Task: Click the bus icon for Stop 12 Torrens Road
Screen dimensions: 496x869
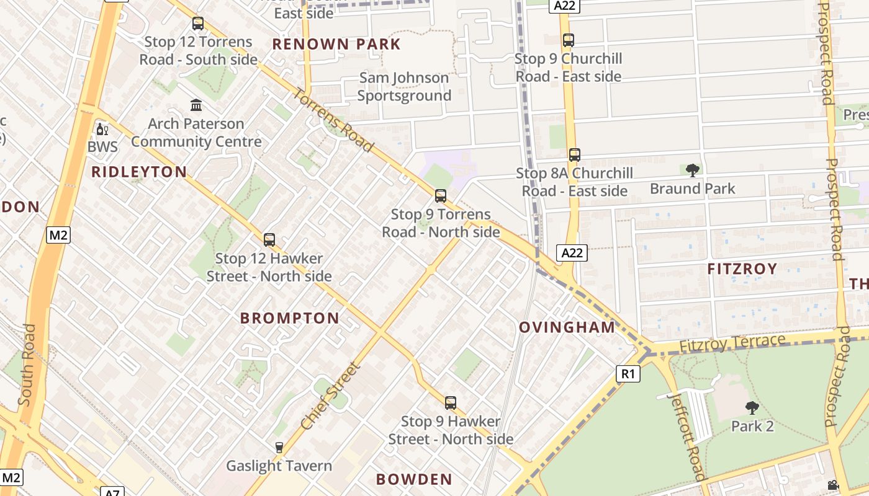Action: tap(198, 24)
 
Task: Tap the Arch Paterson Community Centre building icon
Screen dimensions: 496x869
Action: tap(197, 105)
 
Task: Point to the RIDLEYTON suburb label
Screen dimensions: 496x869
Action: tap(139, 172)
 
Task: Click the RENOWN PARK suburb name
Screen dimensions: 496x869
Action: tap(336, 44)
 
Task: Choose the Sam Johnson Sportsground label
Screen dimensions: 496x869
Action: tap(404, 87)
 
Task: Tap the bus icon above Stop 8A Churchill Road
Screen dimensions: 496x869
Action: tap(575, 154)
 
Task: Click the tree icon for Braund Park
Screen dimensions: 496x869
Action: tap(693, 169)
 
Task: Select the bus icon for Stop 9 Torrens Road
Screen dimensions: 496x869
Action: tap(441, 196)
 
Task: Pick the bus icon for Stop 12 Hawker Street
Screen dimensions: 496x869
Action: tap(269, 239)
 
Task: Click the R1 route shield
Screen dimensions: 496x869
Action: tap(628, 374)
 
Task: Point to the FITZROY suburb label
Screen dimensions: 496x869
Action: tap(742, 268)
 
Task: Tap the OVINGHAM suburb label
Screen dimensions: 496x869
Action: tap(567, 327)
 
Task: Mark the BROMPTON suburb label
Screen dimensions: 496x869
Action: tap(290, 318)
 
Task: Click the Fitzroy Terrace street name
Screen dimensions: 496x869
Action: tap(732, 343)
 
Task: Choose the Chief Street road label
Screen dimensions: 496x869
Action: tap(330, 397)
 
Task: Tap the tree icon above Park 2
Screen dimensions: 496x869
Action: tap(752, 407)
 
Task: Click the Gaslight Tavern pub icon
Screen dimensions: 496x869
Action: tap(279, 447)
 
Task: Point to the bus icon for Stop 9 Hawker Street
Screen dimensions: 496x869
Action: tap(451, 402)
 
